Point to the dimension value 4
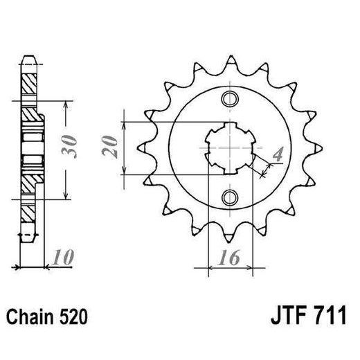coord(277,155)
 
